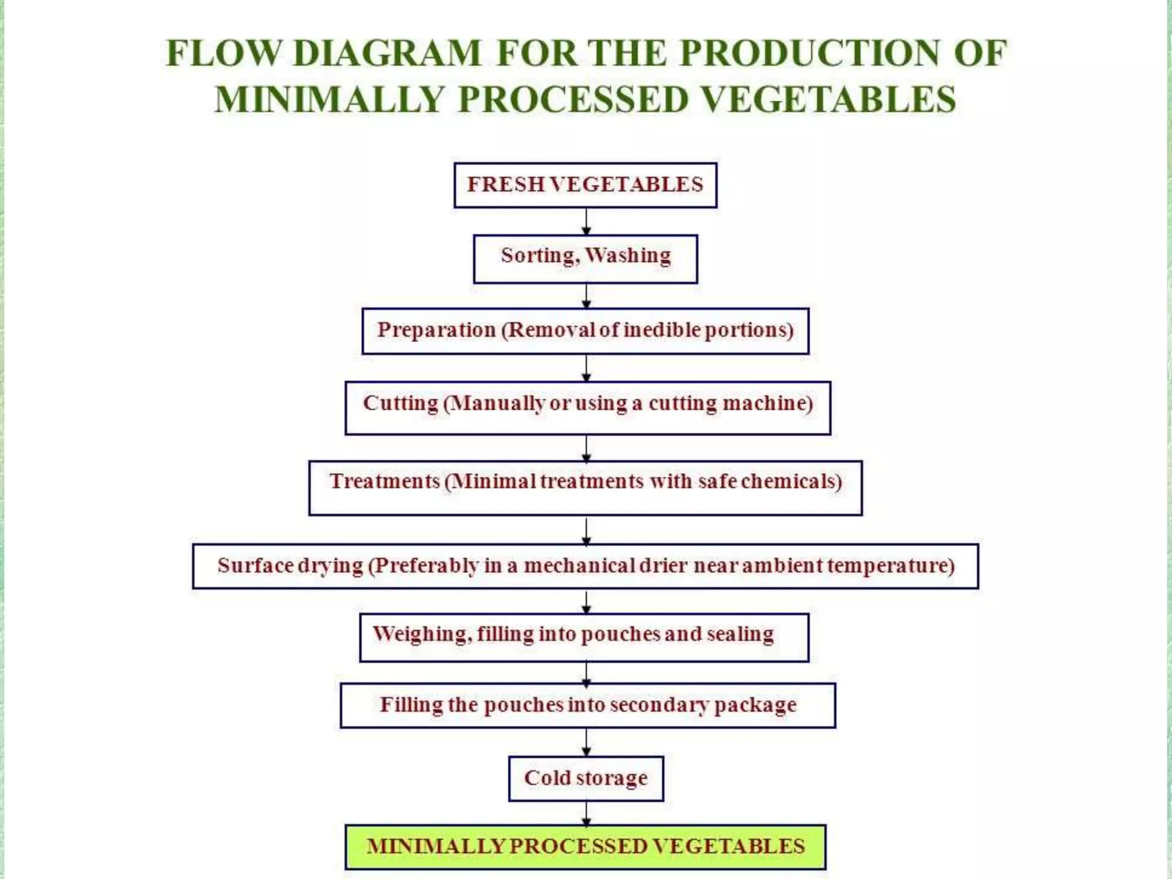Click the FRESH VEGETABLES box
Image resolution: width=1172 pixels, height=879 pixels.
coord(585,185)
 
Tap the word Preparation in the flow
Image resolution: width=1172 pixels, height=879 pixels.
coord(436,330)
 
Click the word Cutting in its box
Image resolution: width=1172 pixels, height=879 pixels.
coord(401,403)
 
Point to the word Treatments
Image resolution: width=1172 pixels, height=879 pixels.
coord(385,481)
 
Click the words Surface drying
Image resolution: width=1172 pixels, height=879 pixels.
coord(290,565)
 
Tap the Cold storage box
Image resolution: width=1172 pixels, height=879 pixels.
coord(585,778)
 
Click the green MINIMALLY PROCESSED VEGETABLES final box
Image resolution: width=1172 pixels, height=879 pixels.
coord(585,846)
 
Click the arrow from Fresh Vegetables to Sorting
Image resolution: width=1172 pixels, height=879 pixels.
coord(586,221)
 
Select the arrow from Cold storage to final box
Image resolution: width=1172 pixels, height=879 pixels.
coord(586,813)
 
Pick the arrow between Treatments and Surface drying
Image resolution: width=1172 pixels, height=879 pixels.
coord(586,530)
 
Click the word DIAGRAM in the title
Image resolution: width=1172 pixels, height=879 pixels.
coord(387,53)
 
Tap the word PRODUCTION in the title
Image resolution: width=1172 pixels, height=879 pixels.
coord(810,53)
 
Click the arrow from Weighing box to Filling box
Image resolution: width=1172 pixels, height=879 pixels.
coord(586,673)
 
